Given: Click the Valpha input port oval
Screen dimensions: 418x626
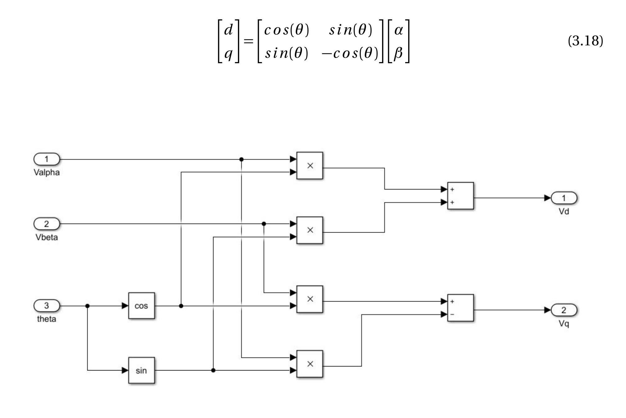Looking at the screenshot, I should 47,159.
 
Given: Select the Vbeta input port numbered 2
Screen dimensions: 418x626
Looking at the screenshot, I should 47,224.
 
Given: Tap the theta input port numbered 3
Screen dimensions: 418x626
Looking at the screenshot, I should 47,306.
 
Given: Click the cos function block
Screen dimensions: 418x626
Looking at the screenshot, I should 141,306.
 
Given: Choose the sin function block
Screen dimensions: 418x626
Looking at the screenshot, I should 141,370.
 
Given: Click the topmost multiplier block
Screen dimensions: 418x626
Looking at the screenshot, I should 310,166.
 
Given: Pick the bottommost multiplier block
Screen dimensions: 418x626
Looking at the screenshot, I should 310,364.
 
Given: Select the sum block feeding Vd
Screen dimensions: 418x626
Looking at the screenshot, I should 460,196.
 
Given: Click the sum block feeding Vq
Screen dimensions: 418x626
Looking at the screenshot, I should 460,308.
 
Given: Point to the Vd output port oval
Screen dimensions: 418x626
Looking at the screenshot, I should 564,198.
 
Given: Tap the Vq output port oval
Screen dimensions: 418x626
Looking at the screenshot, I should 564,310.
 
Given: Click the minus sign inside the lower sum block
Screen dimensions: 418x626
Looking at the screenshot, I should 452,314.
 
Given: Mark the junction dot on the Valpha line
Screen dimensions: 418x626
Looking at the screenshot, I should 241,159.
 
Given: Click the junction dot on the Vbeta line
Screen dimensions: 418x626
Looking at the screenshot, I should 264,224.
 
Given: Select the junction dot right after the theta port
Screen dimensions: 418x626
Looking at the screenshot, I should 87,306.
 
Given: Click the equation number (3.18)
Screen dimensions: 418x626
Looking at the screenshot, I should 585,41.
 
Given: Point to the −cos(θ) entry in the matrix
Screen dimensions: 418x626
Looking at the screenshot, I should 350,53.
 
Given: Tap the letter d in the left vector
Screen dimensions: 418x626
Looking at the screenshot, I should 228,30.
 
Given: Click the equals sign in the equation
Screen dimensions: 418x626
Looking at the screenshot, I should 248,41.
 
